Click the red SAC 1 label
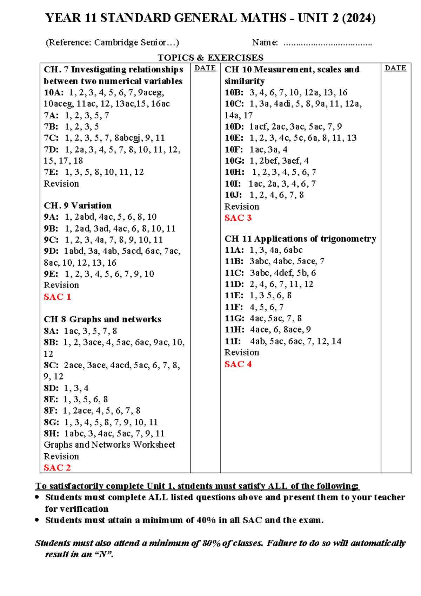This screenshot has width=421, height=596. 57,297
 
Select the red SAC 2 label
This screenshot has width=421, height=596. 57,468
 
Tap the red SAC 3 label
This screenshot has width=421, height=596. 238,218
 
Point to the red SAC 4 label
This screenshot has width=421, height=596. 238,364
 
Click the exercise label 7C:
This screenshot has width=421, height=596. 51,138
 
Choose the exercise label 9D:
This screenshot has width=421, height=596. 51,251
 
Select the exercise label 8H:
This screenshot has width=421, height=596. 51,434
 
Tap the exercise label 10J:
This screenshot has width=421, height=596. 233,195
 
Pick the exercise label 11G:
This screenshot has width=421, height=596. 234,318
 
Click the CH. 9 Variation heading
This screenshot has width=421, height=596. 78,206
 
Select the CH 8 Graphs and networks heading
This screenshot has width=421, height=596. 102,319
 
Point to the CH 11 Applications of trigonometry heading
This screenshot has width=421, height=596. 300,239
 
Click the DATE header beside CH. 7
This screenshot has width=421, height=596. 205,68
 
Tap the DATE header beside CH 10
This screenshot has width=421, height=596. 395,68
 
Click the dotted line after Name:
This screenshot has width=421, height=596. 327,44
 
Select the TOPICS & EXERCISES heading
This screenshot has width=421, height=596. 210,58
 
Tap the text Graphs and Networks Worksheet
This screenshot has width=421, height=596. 109,445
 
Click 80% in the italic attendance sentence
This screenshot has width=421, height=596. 212,543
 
